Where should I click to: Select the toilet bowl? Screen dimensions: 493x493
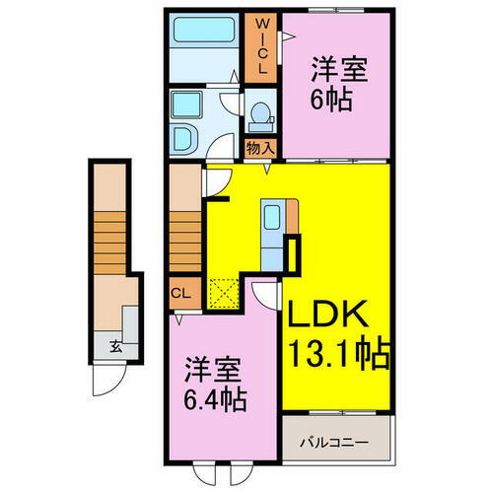pos(260,117)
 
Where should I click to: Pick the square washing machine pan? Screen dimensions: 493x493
pos(185,106)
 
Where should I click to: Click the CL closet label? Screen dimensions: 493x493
pos(180,292)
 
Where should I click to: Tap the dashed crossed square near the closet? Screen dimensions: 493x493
pos(227,291)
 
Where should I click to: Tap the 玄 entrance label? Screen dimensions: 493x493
pos(115,346)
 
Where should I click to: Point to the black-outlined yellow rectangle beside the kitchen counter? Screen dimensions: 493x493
pos(292,255)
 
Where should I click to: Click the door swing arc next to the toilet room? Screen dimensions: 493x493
pos(230,102)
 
